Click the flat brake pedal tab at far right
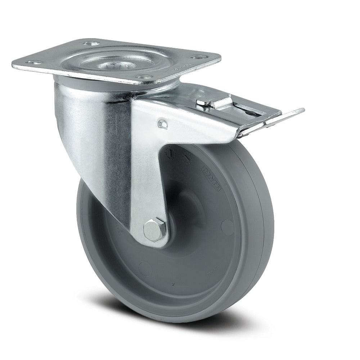click(x=288, y=115)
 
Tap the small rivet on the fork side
click(x=162, y=124)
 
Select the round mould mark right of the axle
click(x=227, y=227)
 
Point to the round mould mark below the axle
click(x=145, y=268)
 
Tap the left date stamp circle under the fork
click(x=170, y=153)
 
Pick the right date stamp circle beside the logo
click(x=188, y=157)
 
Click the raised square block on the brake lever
click(x=212, y=103)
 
